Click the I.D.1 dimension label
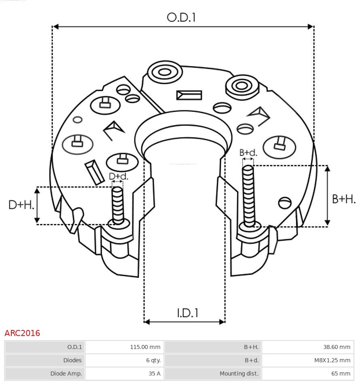click(187, 313)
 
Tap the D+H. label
click(21, 205)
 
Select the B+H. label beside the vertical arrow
click(344, 199)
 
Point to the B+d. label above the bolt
click(248, 153)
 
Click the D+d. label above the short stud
click(119, 176)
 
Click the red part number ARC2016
click(22, 333)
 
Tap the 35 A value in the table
click(155, 373)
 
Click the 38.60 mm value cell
click(337, 347)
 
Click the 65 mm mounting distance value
click(341, 373)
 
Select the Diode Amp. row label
click(66, 373)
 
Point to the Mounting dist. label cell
click(239, 373)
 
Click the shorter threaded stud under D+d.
click(118, 204)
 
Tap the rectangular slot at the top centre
click(189, 95)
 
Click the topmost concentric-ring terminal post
click(164, 73)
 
